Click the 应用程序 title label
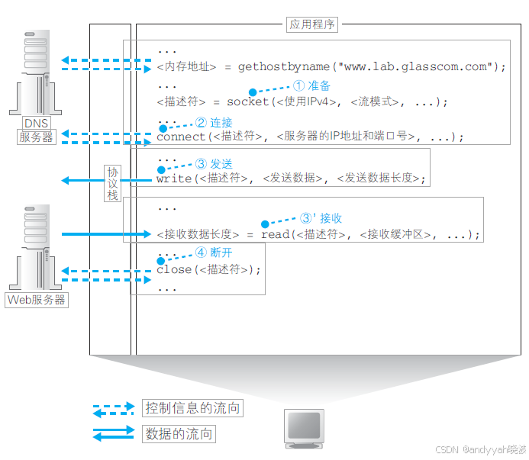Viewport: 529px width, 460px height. coord(312,24)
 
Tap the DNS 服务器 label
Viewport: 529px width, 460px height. coord(37,130)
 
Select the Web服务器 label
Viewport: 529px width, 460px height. coord(37,300)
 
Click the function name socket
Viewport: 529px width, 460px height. coord(248,101)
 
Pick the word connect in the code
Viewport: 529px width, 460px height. coord(181,137)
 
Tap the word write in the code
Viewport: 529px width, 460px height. coord(173,179)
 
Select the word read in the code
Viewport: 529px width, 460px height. coord(275,234)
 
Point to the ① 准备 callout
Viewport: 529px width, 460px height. coord(311,86)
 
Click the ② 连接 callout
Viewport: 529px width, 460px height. coord(214,122)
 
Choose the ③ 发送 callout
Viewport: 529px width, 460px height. coord(214,164)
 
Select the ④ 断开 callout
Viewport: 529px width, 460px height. coord(214,253)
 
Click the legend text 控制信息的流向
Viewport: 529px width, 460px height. coord(192,408)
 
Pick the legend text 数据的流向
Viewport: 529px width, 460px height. coord(179,434)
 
